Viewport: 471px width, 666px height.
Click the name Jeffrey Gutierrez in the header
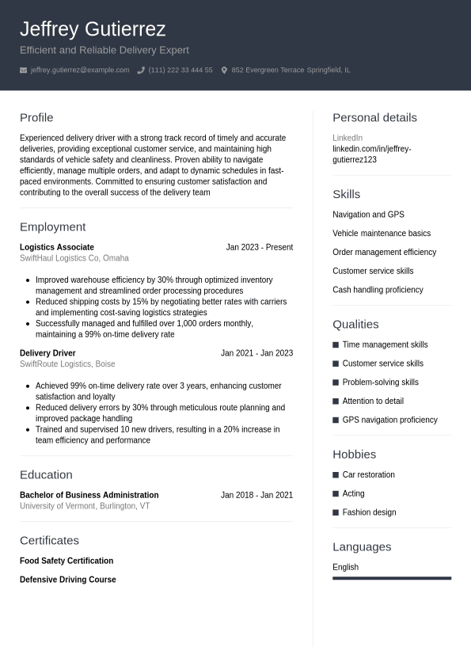click(x=93, y=29)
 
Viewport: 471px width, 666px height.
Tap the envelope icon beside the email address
click(x=24, y=70)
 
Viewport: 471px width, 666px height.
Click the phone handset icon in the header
click(x=141, y=70)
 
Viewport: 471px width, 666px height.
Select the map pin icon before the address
click(x=224, y=70)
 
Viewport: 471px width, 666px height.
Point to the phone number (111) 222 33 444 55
click(x=180, y=70)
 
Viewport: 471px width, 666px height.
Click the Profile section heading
click(x=36, y=117)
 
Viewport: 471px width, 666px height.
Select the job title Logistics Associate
click(x=57, y=247)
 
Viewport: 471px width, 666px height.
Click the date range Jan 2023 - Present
click(x=260, y=247)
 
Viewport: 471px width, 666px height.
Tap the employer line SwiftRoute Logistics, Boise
click(x=67, y=364)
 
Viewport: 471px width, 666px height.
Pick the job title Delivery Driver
click(x=47, y=353)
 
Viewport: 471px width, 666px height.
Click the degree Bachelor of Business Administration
click(x=89, y=495)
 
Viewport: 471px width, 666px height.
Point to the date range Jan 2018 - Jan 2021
click(x=256, y=495)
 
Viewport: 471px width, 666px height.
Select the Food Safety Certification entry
click(x=66, y=561)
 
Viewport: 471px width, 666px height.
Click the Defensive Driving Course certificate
click(x=68, y=580)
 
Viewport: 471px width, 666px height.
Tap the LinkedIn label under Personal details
click(x=348, y=138)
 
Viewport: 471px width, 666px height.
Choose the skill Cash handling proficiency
click(x=378, y=290)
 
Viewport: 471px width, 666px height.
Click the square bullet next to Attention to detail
click(x=336, y=402)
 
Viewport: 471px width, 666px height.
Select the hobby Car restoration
click(x=368, y=474)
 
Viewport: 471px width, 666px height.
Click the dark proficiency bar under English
click(x=392, y=578)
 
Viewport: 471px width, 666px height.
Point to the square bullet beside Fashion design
click(x=336, y=512)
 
